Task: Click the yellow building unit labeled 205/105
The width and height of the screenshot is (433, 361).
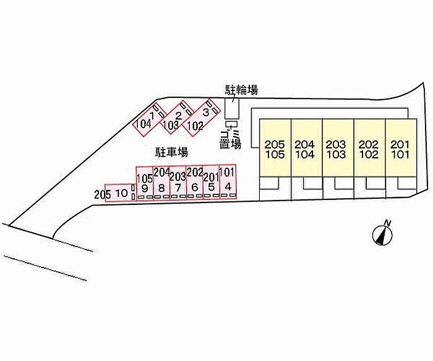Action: [274, 149]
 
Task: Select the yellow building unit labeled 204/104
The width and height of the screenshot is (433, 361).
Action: [306, 149]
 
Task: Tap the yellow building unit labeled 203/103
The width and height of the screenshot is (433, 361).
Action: [337, 149]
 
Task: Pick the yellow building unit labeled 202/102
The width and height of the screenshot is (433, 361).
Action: [369, 149]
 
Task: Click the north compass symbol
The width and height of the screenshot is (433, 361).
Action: [384, 233]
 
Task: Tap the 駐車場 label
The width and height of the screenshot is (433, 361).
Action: [171, 151]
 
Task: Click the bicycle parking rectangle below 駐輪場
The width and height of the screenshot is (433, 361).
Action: [232, 110]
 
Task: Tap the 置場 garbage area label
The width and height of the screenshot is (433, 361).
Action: [231, 144]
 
